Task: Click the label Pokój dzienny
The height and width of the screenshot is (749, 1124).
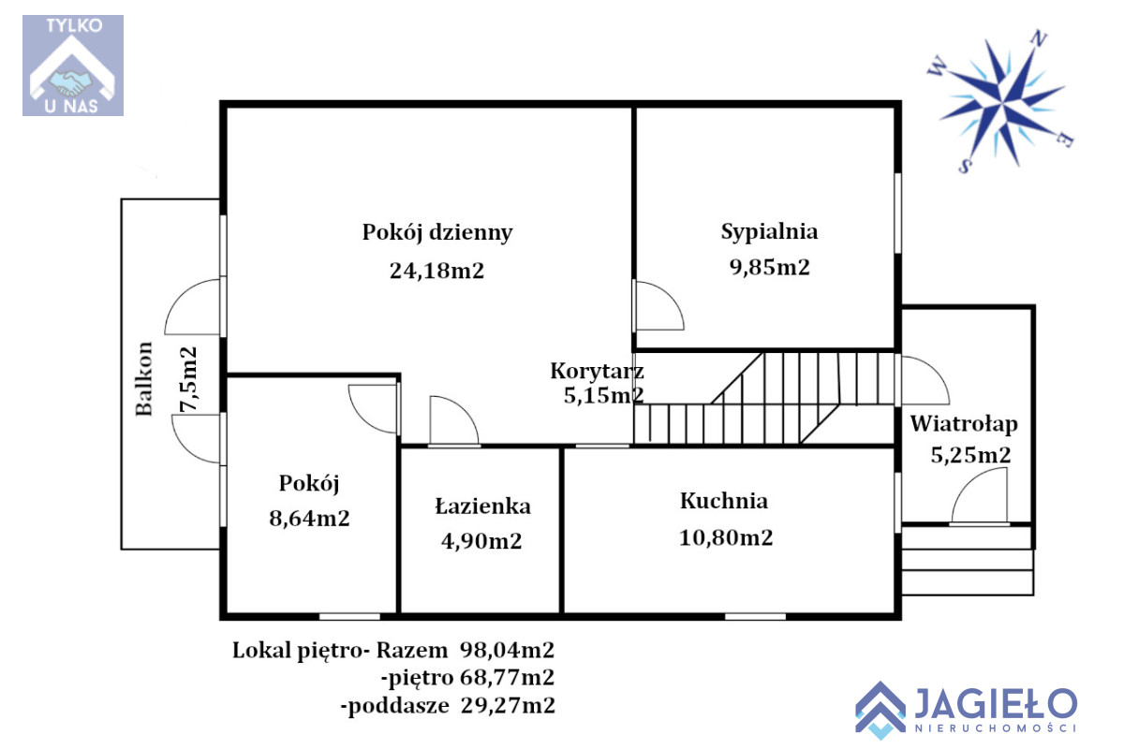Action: coord(437,233)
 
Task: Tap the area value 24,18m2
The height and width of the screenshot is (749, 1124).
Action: coord(437,271)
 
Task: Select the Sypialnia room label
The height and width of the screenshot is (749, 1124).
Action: coord(769,232)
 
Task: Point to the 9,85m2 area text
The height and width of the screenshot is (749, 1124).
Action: coord(770,268)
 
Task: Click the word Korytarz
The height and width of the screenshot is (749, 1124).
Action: coord(598,372)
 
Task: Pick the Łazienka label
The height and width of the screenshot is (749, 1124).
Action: coord(482,506)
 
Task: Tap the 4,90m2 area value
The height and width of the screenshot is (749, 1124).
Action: coord(481,541)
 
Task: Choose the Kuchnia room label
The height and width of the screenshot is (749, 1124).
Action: coord(724,501)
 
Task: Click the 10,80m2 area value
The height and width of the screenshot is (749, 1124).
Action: coord(726,537)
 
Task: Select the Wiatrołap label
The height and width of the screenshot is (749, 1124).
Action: coord(964,424)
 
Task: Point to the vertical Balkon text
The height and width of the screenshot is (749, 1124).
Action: coord(144,379)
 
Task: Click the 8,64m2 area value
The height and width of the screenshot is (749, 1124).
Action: coord(310,519)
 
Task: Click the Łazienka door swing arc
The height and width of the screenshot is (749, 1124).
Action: coord(466,409)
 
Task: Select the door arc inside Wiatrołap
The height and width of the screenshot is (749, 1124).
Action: coord(968,482)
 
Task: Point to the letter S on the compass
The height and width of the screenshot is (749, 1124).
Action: coord(965,166)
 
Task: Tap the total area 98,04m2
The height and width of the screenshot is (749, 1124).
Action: coord(508,651)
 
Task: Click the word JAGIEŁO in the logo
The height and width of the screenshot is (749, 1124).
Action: coord(996,703)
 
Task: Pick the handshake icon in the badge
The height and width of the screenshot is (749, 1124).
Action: coord(71,82)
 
